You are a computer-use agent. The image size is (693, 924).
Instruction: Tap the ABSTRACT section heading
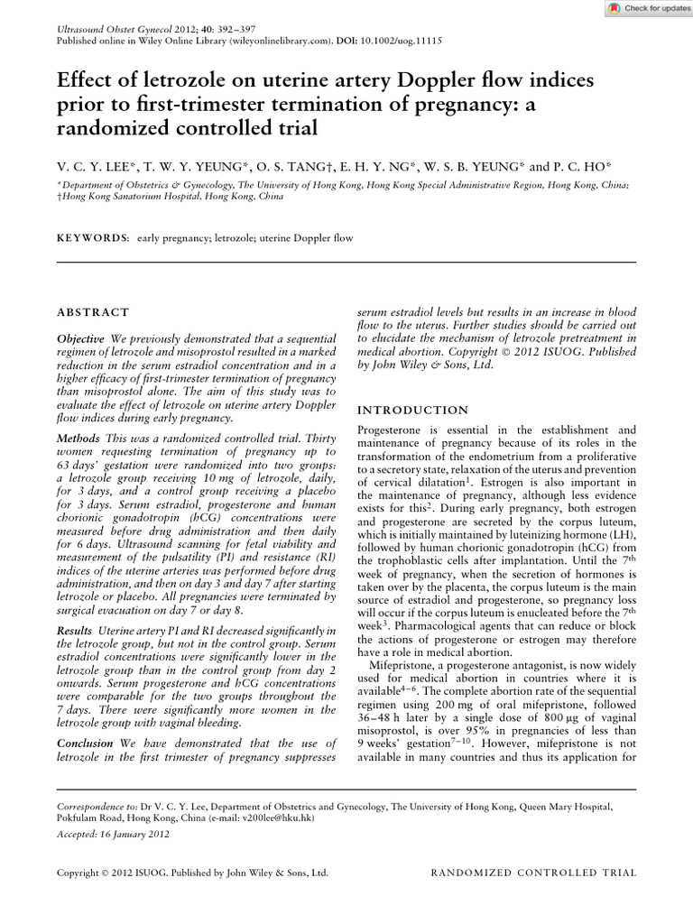93,312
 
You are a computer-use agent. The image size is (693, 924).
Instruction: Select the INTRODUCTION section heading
412,410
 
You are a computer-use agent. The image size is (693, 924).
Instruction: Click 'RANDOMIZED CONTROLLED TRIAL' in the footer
534,873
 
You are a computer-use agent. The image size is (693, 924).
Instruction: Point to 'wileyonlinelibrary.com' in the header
263,42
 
